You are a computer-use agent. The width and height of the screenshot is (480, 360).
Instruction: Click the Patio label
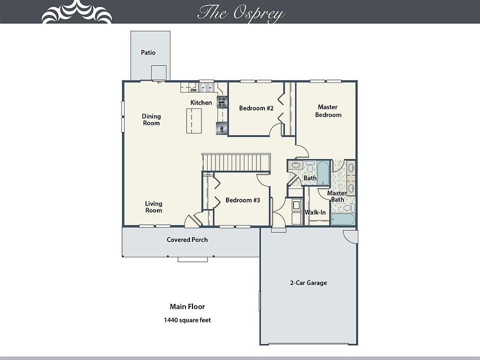point(148,52)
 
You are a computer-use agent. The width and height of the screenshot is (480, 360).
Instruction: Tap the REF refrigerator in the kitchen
point(221,128)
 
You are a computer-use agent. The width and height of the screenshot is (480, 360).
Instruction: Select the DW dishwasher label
point(193,90)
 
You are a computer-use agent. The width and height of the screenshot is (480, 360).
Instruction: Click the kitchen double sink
point(206,87)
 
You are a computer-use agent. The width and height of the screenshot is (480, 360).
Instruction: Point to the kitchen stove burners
point(222,102)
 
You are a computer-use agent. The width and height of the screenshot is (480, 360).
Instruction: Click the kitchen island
point(194,121)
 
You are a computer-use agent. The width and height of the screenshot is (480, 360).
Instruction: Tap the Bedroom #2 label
point(256,108)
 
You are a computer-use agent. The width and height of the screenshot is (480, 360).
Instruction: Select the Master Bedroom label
point(328,111)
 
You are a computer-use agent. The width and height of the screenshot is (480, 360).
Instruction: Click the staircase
point(236,162)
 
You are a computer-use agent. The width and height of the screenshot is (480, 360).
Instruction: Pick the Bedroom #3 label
point(243,200)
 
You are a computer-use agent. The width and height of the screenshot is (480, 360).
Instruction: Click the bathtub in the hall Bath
point(323,172)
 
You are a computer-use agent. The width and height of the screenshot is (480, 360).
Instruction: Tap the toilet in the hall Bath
point(310,167)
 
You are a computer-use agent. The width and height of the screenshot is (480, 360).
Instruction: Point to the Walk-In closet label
point(315,212)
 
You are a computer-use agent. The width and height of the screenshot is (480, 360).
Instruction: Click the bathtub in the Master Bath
point(343,219)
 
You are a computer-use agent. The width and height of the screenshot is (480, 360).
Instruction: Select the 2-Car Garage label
point(308,283)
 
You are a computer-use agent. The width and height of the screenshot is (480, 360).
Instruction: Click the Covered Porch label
point(187,239)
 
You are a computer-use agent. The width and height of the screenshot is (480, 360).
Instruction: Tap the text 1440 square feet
point(187,320)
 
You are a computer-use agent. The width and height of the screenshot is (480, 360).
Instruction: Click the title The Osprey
point(241,13)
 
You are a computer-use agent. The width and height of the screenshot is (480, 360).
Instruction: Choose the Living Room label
point(153,207)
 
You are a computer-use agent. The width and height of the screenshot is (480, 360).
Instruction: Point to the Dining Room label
point(151,119)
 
